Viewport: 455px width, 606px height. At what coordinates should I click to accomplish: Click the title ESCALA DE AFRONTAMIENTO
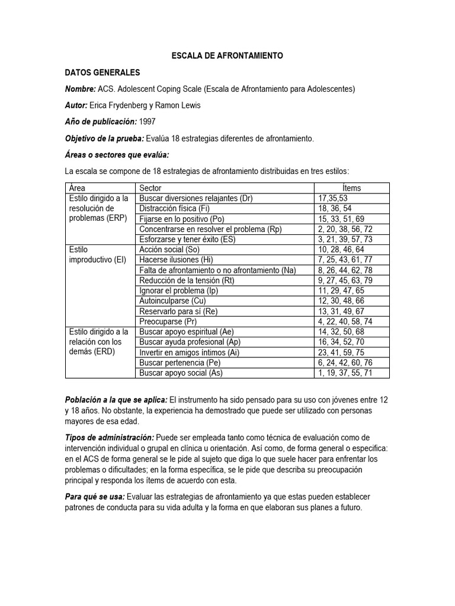pyautogui.click(x=227, y=55)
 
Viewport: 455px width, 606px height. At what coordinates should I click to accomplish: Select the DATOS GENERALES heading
pyautogui.click(x=102, y=72)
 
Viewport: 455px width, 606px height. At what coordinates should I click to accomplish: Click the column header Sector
pyautogui.click(x=150, y=188)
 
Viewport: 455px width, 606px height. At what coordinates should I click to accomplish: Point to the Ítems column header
pyautogui.click(x=351, y=188)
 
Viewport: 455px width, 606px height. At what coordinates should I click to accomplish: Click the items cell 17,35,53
pyautogui.click(x=332, y=198)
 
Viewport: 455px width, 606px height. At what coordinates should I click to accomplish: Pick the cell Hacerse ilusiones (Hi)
pyautogui.click(x=175, y=260)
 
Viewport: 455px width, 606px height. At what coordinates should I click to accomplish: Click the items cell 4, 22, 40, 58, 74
pyautogui.click(x=345, y=321)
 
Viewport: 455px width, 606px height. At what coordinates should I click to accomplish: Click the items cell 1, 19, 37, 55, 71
pyautogui.click(x=345, y=373)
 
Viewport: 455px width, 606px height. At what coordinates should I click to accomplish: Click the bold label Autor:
pyautogui.click(x=76, y=105)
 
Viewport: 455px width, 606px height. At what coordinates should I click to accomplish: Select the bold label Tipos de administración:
pyautogui.click(x=109, y=437)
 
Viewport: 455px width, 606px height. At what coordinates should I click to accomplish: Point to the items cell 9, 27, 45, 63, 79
pyautogui.click(x=345, y=281)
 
